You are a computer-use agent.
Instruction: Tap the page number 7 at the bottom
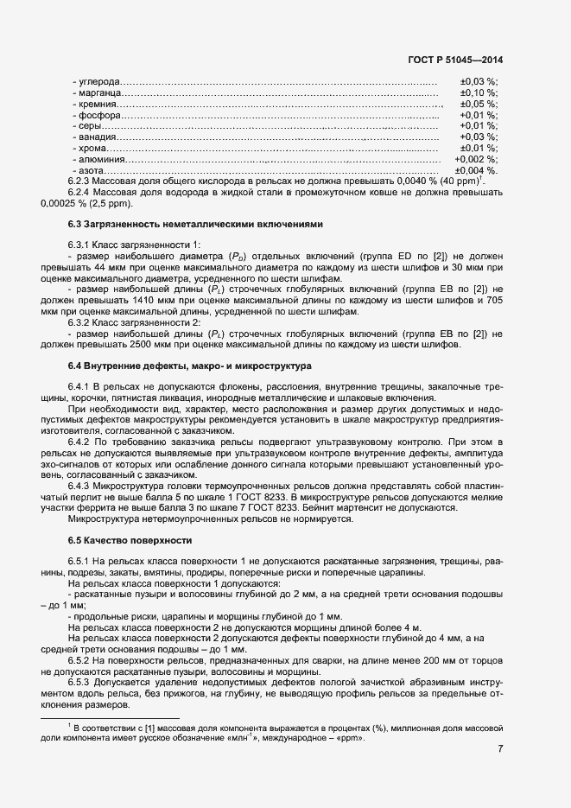tap(500, 748)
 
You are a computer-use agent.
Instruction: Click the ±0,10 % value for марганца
tap(478, 92)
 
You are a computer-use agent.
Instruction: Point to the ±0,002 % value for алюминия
tap(475, 160)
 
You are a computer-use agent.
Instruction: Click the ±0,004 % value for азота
tap(478, 171)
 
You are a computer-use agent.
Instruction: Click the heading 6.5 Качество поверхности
tap(129, 540)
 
